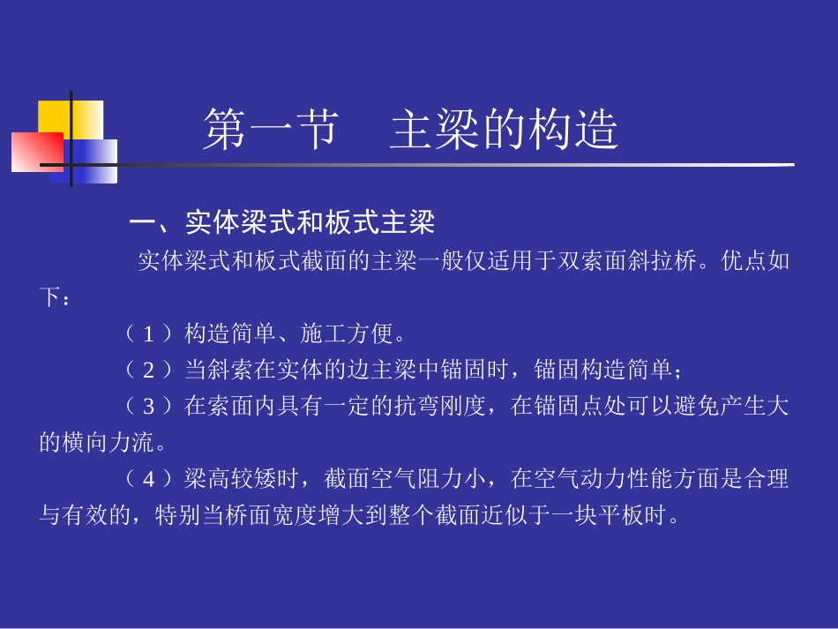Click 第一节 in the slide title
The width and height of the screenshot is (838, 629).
(270, 131)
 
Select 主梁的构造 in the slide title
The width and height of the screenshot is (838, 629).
(504, 131)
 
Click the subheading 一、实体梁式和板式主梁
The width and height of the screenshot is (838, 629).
(282, 223)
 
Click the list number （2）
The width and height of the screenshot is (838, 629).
(148, 368)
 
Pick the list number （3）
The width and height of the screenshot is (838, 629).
(148, 407)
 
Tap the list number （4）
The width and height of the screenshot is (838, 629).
(148, 480)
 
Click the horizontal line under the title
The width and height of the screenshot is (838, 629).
(441, 165)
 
